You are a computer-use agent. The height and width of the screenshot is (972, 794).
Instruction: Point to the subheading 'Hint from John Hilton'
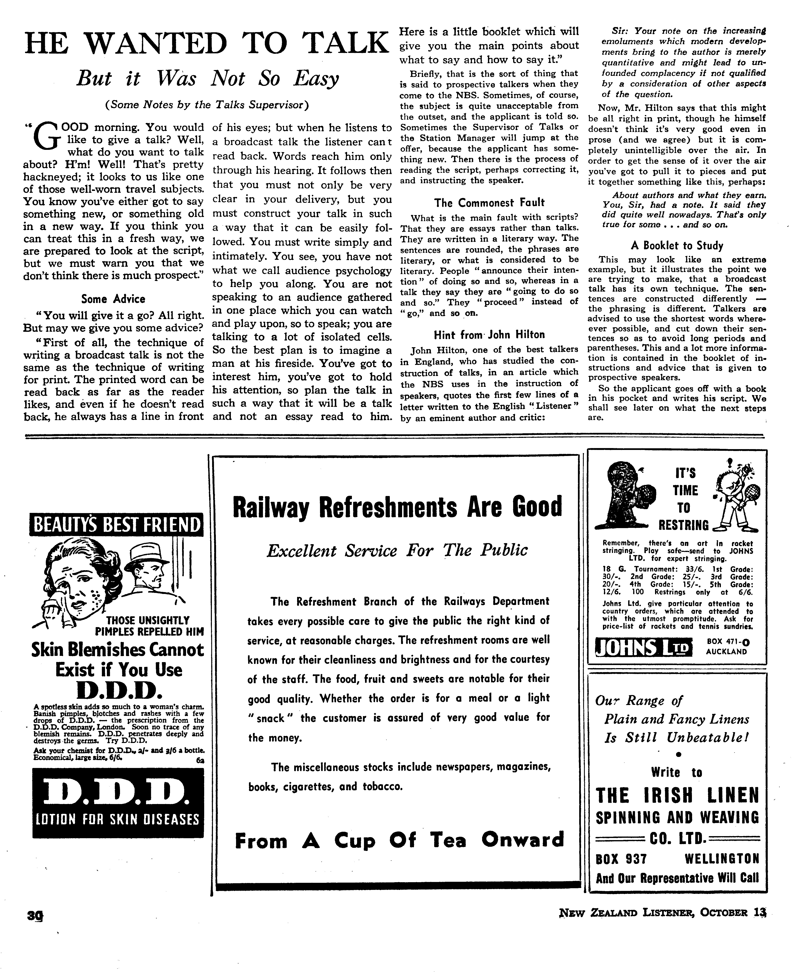[489, 335]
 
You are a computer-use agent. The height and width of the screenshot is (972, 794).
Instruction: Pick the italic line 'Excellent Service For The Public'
[397, 550]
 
